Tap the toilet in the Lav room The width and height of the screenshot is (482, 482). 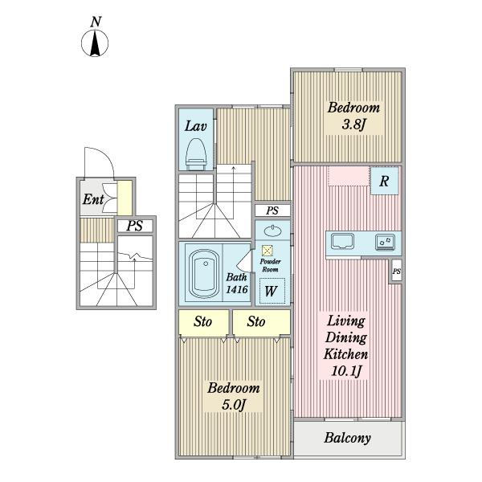[x=196, y=153]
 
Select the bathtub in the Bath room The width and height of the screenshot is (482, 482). [x=204, y=273]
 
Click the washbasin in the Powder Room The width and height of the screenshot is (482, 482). [x=272, y=231]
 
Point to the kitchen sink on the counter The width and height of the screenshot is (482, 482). [x=342, y=241]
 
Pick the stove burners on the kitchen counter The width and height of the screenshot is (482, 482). [x=385, y=242]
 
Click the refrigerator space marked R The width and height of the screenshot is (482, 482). [x=384, y=181]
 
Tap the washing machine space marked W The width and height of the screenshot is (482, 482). [x=272, y=291]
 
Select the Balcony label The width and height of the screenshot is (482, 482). [x=347, y=438]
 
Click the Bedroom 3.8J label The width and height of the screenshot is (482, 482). [x=353, y=116]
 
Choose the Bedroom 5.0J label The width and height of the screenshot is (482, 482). [x=234, y=397]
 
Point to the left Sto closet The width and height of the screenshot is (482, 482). [x=203, y=322]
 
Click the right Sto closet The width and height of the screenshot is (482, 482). [x=261, y=322]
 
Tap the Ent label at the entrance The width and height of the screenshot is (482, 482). [x=93, y=199]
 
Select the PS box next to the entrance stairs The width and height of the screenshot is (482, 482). [x=135, y=226]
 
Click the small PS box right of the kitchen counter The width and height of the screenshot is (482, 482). [x=397, y=272]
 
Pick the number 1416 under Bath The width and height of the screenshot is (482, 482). [x=237, y=289]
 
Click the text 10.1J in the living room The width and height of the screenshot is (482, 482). [x=345, y=371]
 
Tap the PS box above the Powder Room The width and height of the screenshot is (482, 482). [x=272, y=210]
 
